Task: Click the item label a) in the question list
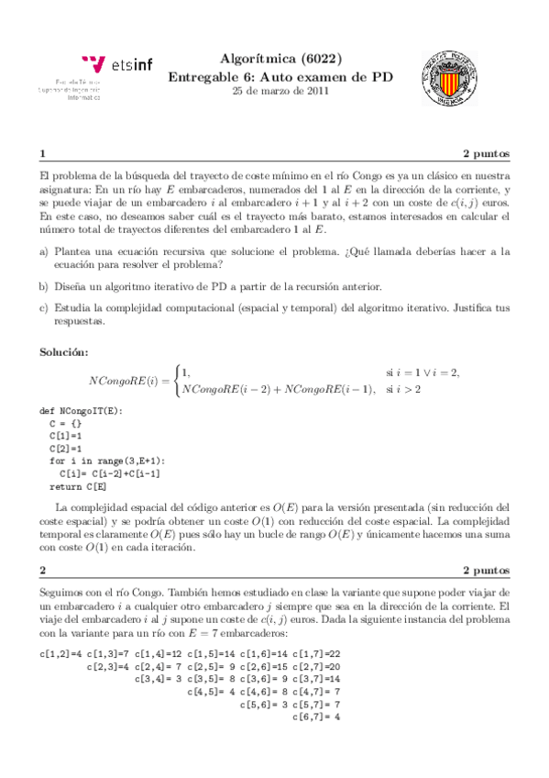(43, 250)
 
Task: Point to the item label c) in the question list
(43, 309)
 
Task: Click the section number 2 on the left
(42, 569)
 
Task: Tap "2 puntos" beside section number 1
(486, 153)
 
